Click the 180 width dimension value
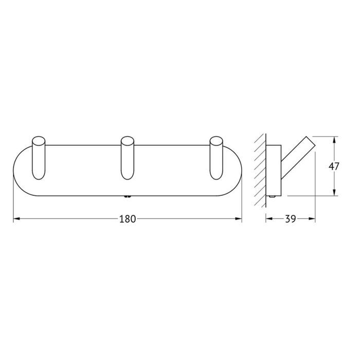click(x=128, y=219)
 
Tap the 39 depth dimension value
click(x=290, y=219)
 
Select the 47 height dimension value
click(x=334, y=166)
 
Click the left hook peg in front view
click(x=39, y=158)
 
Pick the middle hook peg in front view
click(x=127, y=158)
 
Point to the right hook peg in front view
click(x=217, y=158)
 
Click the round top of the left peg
click(x=39, y=141)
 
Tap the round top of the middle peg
click(x=127, y=141)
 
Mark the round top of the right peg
click(x=217, y=141)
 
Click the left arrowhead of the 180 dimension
click(x=16, y=219)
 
